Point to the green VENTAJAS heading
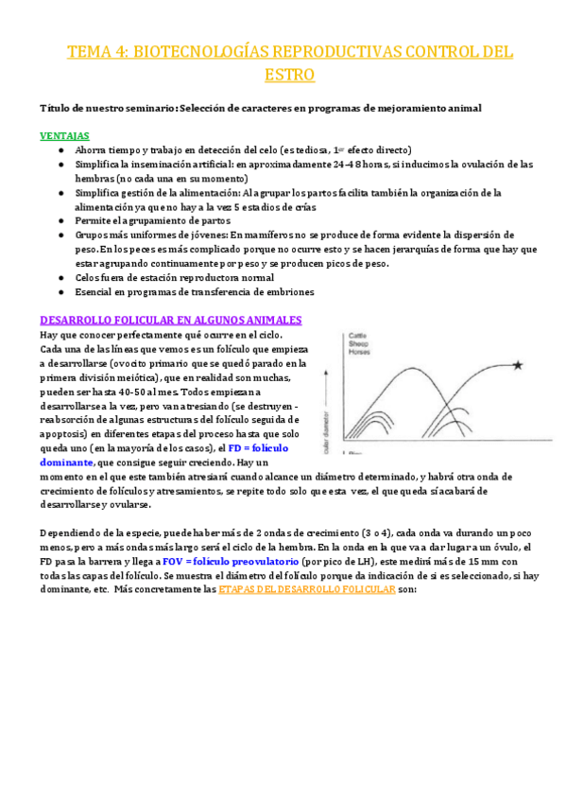click(65, 136)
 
